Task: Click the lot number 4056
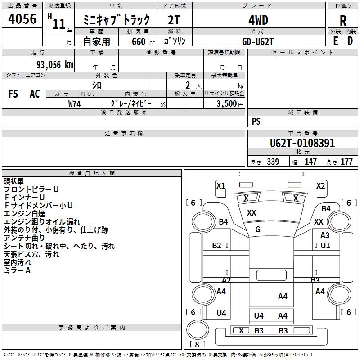pyautogui.click(x=22, y=19)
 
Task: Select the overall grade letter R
pyautogui.click(x=343, y=21)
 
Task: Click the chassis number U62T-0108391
pyautogui.click(x=302, y=143)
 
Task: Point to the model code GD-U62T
pyautogui.click(x=257, y=41)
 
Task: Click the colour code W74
pyautogui.click(x=74, y=103)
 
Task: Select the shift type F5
pyautogui.click(x=13, y=94)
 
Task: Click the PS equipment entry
pyautogui.click(x=256, y=121)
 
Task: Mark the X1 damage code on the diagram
pyautogui.click(x=220, y=185)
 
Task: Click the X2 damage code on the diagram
pyautogui.click(x=320, y=185)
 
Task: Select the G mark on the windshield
pyautogui.click(x=258, y=229)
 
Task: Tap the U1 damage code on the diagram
pyautogui.click(x=325, y=246)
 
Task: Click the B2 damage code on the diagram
pyautogui.click(x=217, y=246)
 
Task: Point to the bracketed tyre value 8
pyautogui.click(x=197, y=345)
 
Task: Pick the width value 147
pyautogui.click(x=310, y=162)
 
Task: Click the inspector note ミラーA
pyautogui.click(x=17, y=270)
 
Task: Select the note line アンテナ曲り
pyautogui.click(x=24, y=238)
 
